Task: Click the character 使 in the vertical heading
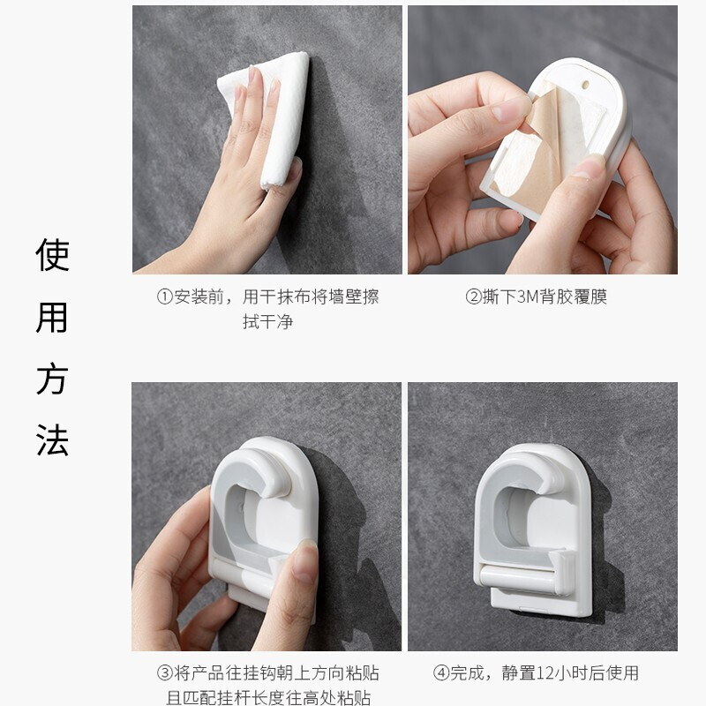coord(52,255)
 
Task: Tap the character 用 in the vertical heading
coord(52,318)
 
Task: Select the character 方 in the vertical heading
coord(52,379)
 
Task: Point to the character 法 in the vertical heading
coord(52,440)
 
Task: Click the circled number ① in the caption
coord(165,297)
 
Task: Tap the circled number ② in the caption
coord(474,297)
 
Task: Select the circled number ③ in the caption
coord(165,673)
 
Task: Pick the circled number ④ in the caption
coord(441,673)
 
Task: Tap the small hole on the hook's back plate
coord(585,84)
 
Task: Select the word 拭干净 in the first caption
coord(268,322)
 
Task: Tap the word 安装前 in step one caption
coord(199,297)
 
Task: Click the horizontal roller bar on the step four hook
coord(518,576)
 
